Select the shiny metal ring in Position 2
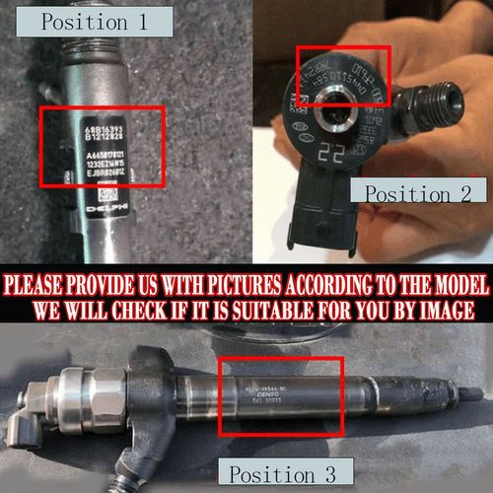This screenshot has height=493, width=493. click(330, 99)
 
